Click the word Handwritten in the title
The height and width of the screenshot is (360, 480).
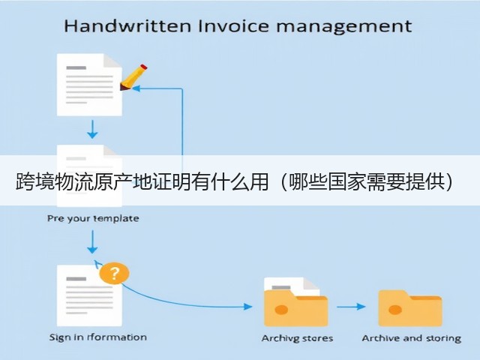[127, 25]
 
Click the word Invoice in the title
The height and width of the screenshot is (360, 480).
[233, 25]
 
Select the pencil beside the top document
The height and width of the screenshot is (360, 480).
[133, 77]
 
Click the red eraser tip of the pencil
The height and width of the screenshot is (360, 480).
[143, 67]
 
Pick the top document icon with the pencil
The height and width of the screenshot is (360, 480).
[89, 85]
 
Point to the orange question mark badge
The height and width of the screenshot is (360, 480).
[114, 273]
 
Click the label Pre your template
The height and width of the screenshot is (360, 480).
[93, 218]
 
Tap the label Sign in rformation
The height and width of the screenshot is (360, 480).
[98, 337]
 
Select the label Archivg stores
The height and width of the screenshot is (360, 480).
[297, 338]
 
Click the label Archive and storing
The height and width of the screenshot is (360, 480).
[412, 338]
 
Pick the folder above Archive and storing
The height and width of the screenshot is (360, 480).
[410, 308]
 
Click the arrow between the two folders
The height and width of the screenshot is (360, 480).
[351, 307]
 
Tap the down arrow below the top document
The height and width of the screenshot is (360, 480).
[92, 129]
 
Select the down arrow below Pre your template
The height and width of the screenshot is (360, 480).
[92, 241]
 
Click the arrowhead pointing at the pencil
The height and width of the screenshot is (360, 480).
[136, 88]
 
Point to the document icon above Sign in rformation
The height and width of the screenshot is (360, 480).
[89, 295]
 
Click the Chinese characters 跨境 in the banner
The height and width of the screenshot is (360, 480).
[34, 181]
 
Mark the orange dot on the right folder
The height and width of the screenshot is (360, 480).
[395, 310]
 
